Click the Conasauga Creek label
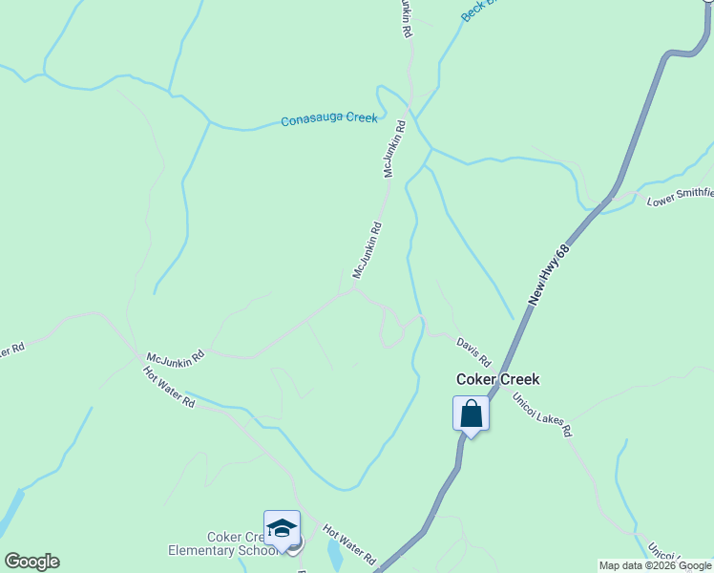click(x=329, y=120)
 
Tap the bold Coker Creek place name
click(x=497, y=379)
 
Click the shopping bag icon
click(x=471, y=414)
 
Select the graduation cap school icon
click(x=282, y=528)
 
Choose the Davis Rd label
click(x=472, y=351)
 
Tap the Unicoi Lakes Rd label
click(x=541, y=414)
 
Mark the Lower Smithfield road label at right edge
click(x=680, y=197)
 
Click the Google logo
click(x=31, y=562)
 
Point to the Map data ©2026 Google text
click(x=655, y=565)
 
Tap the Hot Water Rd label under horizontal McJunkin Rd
click(x=169, y=388)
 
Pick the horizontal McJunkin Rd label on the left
click(x=175, y=356)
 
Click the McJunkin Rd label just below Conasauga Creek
click(x=395, y=149)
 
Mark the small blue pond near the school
click(x=335, y=553)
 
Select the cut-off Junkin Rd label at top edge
click(x=406, y=18)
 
